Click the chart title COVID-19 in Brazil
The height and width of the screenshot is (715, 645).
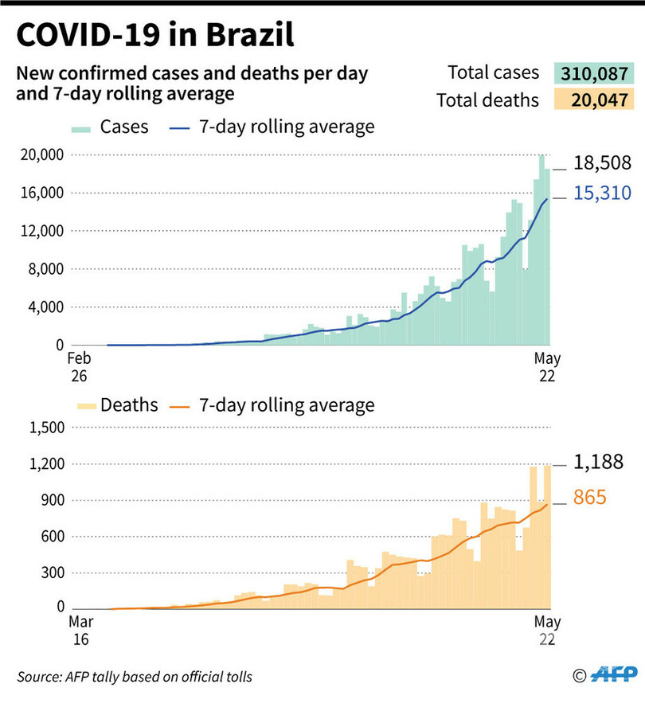coord(155,36)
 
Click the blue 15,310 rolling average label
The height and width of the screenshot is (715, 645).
coord(599,193)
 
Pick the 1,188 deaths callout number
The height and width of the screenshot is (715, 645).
coord(596,463)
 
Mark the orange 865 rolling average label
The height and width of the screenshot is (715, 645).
coord(590,498)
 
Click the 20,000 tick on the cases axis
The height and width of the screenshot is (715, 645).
coord(40,154)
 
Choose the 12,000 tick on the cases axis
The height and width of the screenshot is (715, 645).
coord(40,231)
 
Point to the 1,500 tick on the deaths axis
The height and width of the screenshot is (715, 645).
coord(45,428)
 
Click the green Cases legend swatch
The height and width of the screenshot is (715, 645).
coord(82,128)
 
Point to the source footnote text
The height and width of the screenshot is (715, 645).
coord(135,677)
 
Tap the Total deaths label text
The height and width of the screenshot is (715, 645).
coord(487,101)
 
